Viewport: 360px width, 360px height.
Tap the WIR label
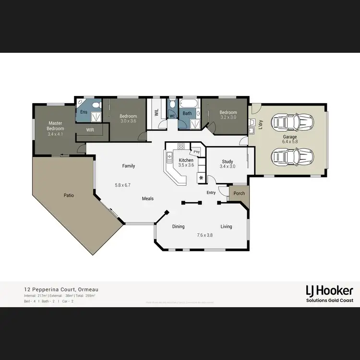(90, 130)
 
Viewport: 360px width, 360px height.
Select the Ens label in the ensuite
(84, 112)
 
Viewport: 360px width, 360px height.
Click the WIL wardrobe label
(156, 113)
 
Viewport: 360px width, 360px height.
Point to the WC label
(172, 116)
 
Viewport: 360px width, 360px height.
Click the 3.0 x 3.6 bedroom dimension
(128, 121)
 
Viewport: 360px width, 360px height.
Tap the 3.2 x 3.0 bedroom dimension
(228, 117)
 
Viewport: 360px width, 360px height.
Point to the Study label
(228, 162)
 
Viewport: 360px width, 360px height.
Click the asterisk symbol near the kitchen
(201, 178)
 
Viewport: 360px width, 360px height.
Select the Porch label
(239, 193)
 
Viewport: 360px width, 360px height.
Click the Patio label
(69, 195)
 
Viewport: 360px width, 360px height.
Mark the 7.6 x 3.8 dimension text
(205, 235)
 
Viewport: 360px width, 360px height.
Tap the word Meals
(148, 198)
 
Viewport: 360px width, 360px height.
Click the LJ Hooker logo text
(329, 290)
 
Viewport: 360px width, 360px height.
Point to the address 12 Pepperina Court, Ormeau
(61, 290)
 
